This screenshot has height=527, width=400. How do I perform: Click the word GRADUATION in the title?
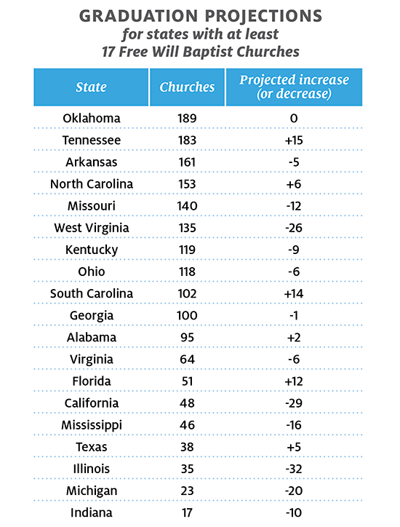pyautogui.click(x=138, y=16)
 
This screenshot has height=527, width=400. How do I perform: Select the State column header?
pyautogui.click(x=91, y=87)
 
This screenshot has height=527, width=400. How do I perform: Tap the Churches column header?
pyautogui.click(x=187, y=87)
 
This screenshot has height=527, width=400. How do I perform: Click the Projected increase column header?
pyautogui.click(x=294, y=87)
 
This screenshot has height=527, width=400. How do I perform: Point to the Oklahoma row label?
pyautogui.click(x=92, y=119)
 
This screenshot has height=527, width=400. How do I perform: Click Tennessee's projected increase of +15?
pyautogui.click(x=294, y=140)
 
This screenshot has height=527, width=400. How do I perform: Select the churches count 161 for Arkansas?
pyautogui.click(x=187, y=162)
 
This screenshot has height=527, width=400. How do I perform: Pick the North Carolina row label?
pyautogui.click(x=92, y=184)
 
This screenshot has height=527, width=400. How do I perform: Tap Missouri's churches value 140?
pyautogui.click(x=187, y=206)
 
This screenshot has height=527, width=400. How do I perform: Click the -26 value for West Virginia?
pyautogui.click(x=294, y=228)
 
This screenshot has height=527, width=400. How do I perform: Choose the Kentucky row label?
pyautogui.click(x=92, y=250)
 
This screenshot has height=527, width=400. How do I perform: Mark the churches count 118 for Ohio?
pyautogui.click(x=187, y=272)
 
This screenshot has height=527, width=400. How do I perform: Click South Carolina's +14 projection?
pyautogui.click(x=294, y=294)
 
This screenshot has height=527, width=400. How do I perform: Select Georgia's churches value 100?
pyautogui.click(x=187, y=316)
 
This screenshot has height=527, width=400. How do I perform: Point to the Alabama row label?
pyautogui.click(x=92, y=338)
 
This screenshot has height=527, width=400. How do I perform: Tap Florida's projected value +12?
pyautogui.click(x=294, y=381)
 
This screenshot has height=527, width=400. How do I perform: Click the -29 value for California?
pyautogui.click(x=294, y=403)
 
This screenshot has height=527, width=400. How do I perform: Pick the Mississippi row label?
pyautogui.click(x=92, y=426)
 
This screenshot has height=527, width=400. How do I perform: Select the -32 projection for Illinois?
pyautogui.click(x=294, y=469)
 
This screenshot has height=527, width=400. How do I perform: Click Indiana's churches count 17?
pyautogui.click(x=187, y=513)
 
